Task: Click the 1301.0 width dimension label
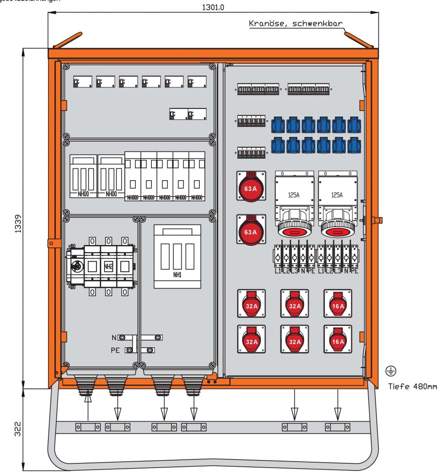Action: [x=213, y=7]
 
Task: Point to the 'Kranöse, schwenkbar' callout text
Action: [x=295, y=23]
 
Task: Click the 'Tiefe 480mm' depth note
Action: [x=412, y=386]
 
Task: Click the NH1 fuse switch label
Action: [x=177, y=275]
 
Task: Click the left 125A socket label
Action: [x=293, y=195]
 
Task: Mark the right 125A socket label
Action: [x=337, y=195]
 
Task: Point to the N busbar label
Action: [x=114, y=337]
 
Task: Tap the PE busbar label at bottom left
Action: [x=115, y=350]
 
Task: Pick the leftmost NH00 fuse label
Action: [x=83, y=194]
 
